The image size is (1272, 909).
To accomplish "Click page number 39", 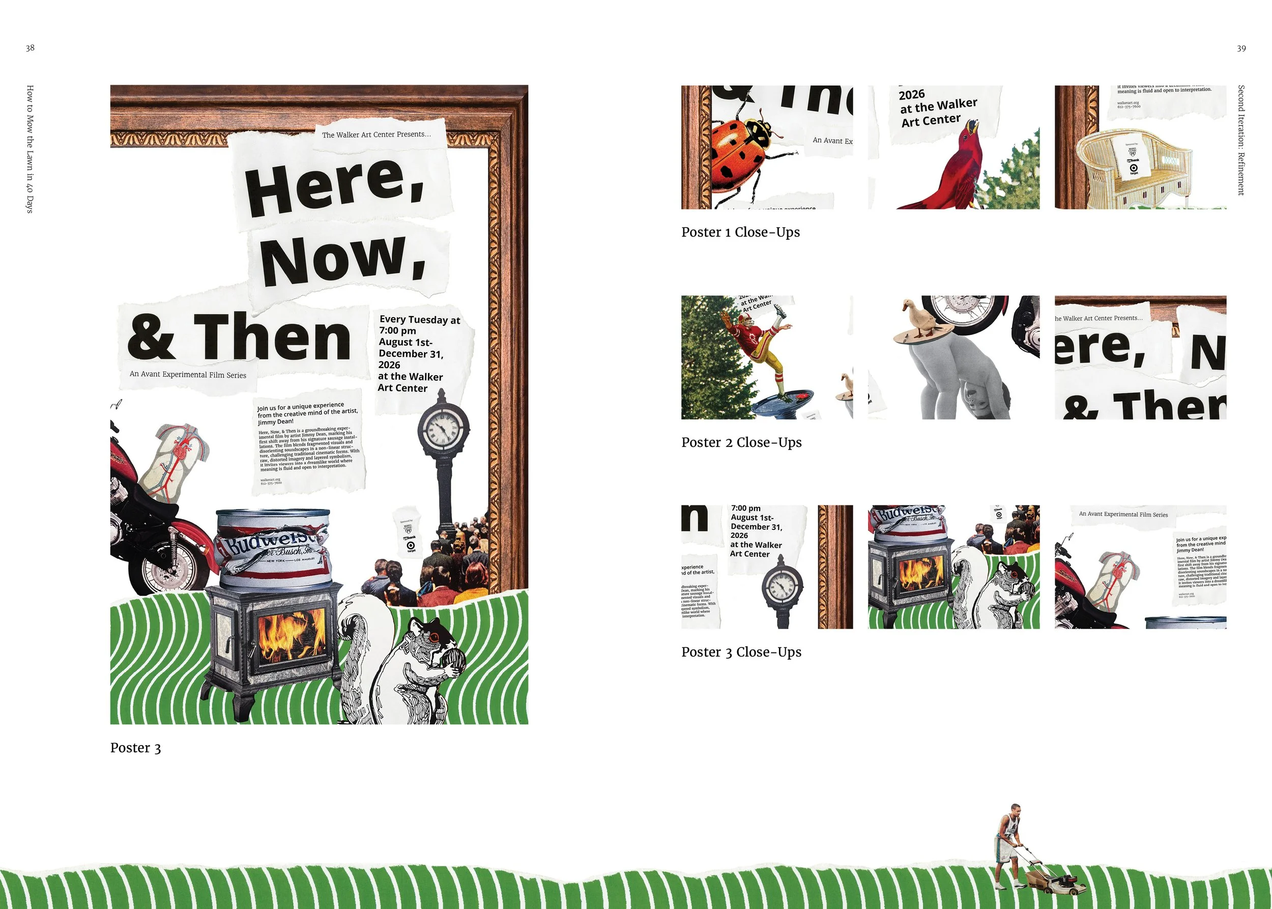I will point(1241,49).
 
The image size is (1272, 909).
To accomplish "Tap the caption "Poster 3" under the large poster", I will point(135,748).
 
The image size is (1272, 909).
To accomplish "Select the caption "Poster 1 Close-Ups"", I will point(740,232).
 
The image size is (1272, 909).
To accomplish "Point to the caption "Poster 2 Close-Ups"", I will point(741,442).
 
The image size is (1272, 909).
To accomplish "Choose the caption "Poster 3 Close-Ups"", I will point(741,652).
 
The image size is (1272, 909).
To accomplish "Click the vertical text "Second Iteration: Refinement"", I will point(1241,140).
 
